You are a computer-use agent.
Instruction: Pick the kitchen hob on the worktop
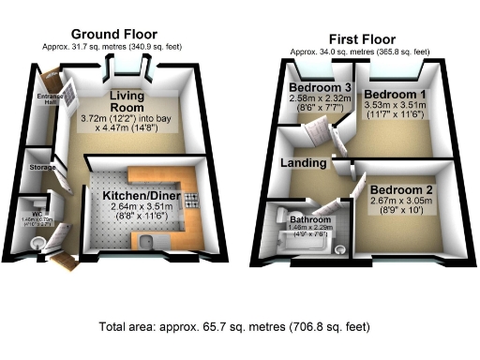[x=190, y=200]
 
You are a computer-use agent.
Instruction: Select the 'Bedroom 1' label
[x=395, y=96]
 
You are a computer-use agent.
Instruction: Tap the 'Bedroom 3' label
[x=313, y=89]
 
